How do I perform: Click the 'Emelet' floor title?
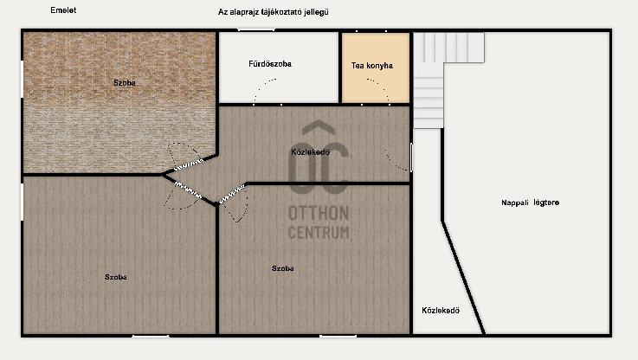tap(63, 10)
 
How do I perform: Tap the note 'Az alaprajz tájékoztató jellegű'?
tap(273, 12)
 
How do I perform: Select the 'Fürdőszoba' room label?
tap(270, 64)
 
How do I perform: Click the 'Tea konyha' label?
tap(372, 66)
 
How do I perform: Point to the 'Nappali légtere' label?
tap(530, 202)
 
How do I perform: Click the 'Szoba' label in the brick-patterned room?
tap(124, 82)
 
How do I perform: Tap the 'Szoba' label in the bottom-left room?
tap(115, 277)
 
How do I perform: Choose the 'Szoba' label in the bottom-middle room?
tap(283, 268)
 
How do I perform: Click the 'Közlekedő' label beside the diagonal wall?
tap(441, 311)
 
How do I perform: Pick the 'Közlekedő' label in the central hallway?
tap(310, 152)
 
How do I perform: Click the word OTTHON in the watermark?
tap(319, 213)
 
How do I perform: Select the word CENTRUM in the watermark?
tap(319, 232)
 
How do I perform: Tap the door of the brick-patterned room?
tap(189, 164)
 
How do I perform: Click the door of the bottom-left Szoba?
tap(188, 190)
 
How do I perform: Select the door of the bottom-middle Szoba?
tap(232, 194)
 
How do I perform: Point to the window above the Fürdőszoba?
tap(256, 29)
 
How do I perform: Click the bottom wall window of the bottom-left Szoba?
tap(151, 336)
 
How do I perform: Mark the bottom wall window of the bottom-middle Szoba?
tap(338, 336)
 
